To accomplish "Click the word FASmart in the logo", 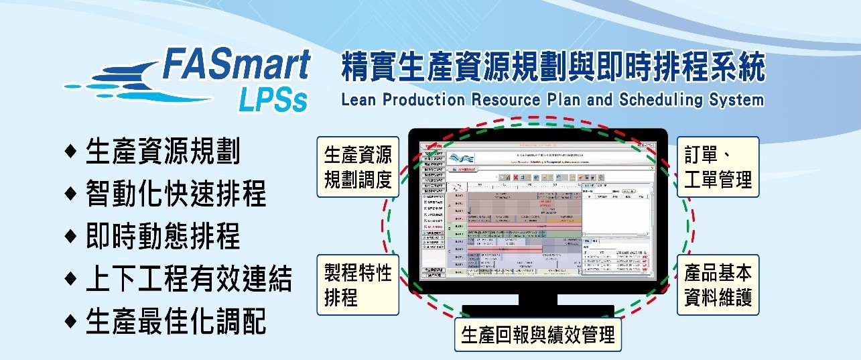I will tap(237, 66).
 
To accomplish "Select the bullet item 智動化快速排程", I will tap(176, 194).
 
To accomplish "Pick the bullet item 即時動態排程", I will tap(163, 237).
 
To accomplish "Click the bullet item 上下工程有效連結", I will tap(188, 279).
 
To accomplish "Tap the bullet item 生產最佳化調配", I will tap(176, 322).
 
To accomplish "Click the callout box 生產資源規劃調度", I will tap(358, 167).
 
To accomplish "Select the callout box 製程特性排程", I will tap(358, 284).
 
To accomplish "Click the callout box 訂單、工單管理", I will tap(718, 167).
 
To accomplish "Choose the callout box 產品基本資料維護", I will tap(718, 284).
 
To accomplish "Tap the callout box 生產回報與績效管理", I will tap(538, 333).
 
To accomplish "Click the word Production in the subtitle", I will tap(420, 101).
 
